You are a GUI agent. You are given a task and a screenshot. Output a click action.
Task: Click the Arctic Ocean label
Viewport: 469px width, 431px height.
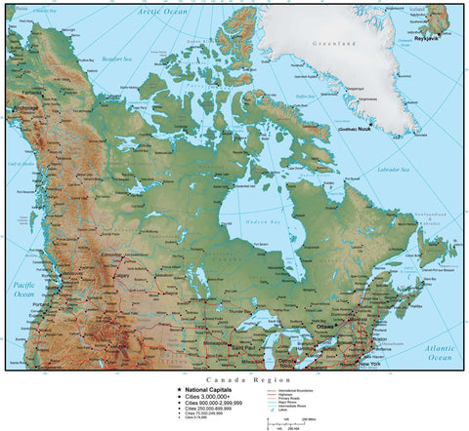tap(162, 11)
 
